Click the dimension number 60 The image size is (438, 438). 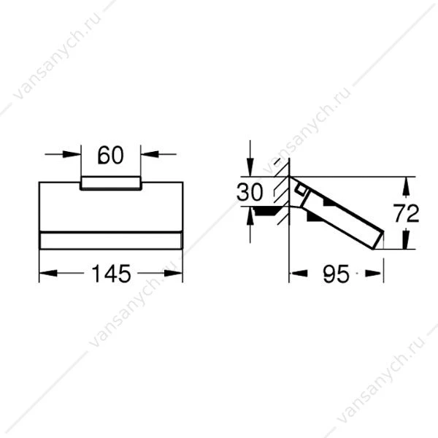[x=111, y=155]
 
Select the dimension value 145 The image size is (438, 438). [x=111, y=274]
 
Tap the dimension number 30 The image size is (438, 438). [x=250, y=192]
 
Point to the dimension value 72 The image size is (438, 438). [x=406, y=213]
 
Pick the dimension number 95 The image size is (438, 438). [x=336, y=274]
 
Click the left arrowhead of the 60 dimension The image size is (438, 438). [x=72, y=154]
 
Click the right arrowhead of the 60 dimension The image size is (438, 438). [x=150, y=154]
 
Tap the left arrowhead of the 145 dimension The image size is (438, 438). [x=48, y=273]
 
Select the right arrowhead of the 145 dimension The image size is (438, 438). [x=174, y=273]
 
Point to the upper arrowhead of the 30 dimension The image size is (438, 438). [x=250, y=167]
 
